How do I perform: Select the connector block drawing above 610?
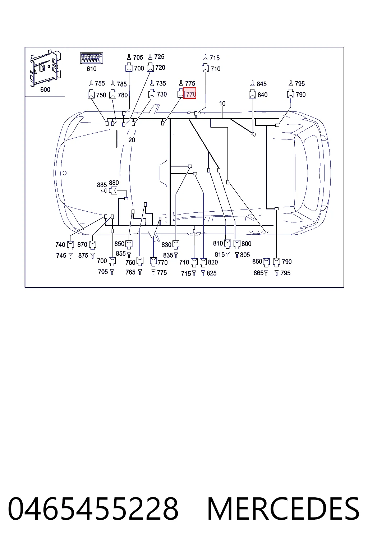click(x=91, y=59)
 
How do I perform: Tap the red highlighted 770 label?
click(x=189, y=93)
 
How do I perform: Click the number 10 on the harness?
click(x=222, y=103)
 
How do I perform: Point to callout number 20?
click(x=132, y=140)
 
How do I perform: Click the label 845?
click(x=262, y=84)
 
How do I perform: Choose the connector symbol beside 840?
click(x=252, y=94)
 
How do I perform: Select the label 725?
click(x=159, y=57)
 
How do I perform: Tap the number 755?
click(x=100, y=83)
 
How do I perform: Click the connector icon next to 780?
click(x=112, y=94)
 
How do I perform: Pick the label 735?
click(x=161, y=83)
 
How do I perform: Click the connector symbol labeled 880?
click(x=113, y=190)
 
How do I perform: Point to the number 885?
click(x=102, y=185)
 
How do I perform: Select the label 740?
click(x=60, y=245)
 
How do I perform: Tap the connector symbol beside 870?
click(x=92, y=245)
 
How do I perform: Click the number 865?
click(x=258, y=273)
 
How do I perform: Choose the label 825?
click(x=211, y=273)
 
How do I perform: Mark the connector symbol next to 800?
click(x=237, y=244)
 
